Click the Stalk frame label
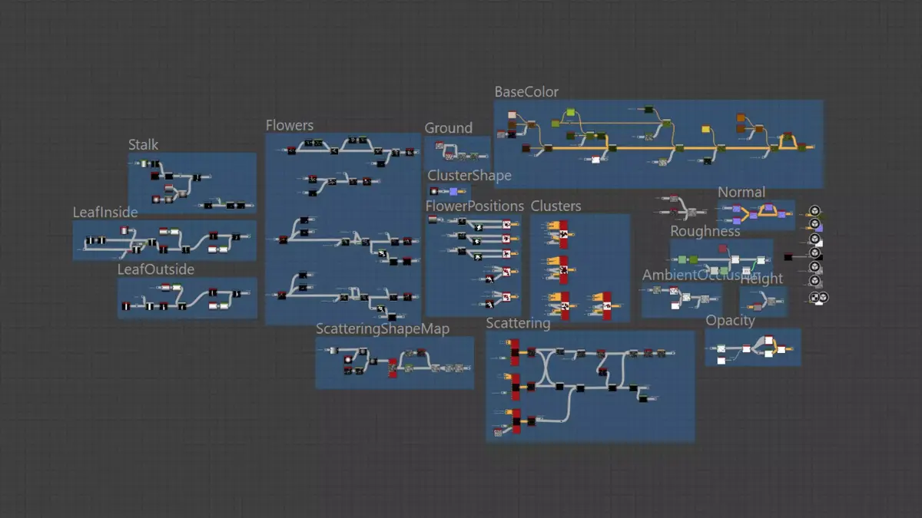click(144, 145)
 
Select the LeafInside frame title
click(105, 213)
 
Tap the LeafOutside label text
click(156, 270)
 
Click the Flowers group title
click(290, 126)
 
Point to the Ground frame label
click(449, 128)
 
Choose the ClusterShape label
click(469, 177)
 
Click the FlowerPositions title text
click(475, 206)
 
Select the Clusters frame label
click(556, 206)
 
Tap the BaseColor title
click(526, 92)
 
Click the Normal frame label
click(741, 193)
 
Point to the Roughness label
click(705, 232)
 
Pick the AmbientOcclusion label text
click(695, 275)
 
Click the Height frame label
click(762, 279)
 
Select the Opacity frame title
click(730, 321)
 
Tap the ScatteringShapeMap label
click(383, 328)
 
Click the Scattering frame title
click(518, 324)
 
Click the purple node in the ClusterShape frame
click(453, 191)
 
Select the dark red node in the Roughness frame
click(723, 248)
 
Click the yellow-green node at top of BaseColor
click(571, 114)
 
